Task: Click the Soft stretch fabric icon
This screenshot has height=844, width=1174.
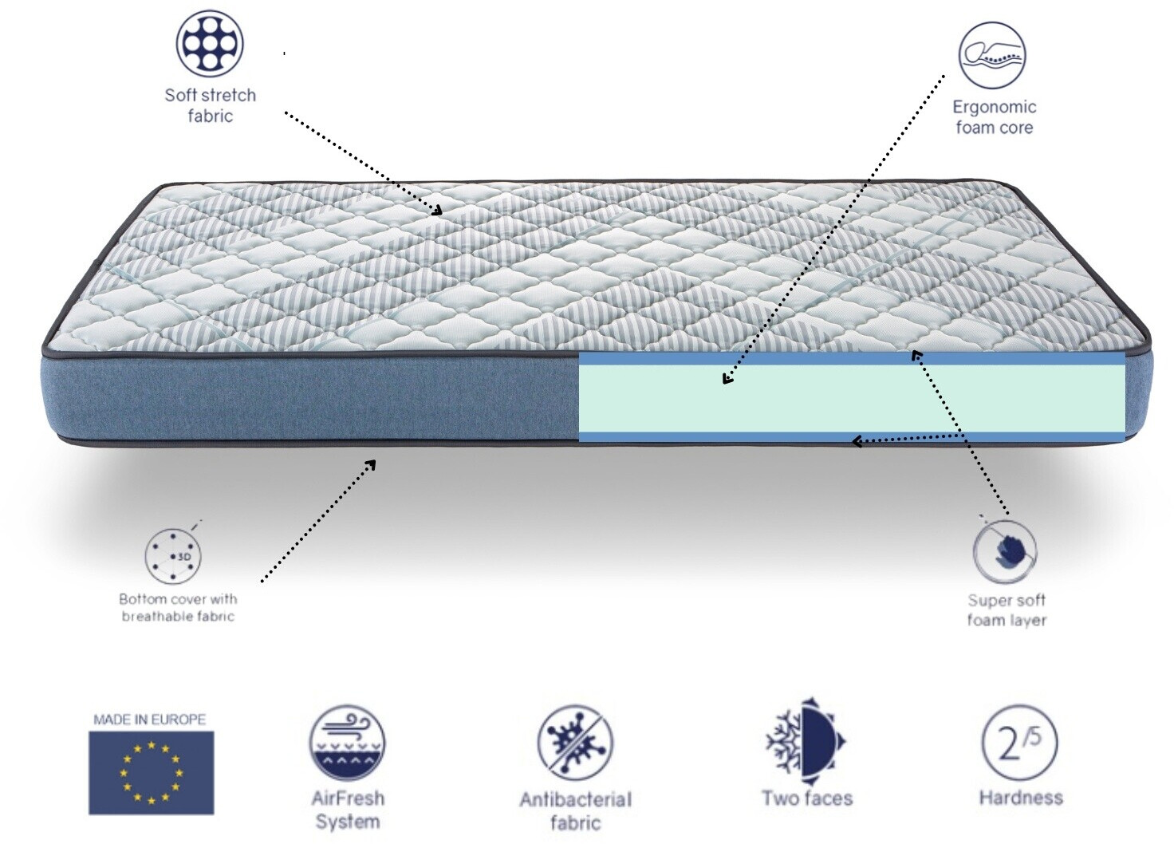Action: point(210,43)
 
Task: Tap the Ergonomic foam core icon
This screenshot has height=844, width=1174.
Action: point(991,54)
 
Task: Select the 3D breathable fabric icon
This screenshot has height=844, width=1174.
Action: point(173,555)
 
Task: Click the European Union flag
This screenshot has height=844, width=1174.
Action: point(151,772)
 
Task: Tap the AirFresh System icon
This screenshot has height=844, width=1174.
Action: point(347,743)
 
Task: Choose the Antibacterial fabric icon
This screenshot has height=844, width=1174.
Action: point(574,743)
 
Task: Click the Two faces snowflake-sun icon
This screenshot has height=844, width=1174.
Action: point(806,739)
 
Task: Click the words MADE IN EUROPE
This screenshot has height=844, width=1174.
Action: point(150,719)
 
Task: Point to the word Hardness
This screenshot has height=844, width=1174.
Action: point(1020,797)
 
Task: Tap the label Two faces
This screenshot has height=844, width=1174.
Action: point(806,798)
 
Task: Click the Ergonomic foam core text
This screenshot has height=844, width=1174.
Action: point(994,117)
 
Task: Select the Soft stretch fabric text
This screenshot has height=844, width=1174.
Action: point(210,105)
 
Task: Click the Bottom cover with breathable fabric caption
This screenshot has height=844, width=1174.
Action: point(178,607)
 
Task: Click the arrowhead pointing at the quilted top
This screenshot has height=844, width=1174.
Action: point(437,211)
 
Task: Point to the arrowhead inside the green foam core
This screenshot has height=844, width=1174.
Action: point(727,379)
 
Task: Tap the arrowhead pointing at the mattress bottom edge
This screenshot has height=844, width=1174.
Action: point(371,463)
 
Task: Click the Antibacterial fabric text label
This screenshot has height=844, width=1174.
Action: point(575,810)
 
